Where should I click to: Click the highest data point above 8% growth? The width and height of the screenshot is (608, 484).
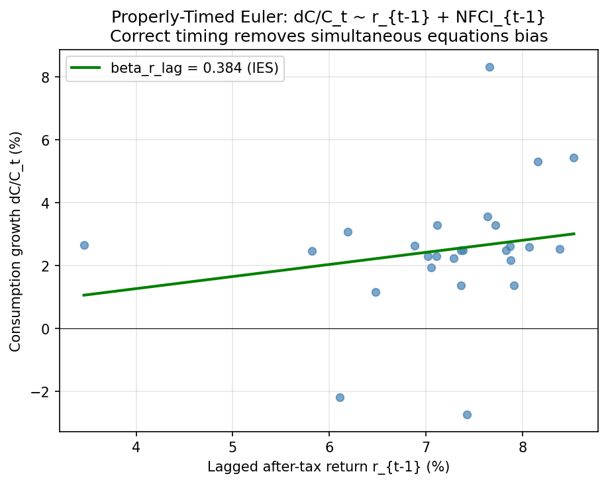pos(489,67)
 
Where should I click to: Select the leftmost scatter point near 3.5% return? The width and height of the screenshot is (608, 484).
pos(84,245)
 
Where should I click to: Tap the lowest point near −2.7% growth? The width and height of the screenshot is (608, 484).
pos(467,414)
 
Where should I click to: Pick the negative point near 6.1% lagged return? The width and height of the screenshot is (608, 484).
pos(340,397)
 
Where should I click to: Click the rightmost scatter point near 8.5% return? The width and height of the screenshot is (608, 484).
pos(574,158)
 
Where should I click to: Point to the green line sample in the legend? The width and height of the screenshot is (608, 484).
pos(86,67)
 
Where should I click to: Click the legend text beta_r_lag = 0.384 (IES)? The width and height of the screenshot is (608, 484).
pos(194,67)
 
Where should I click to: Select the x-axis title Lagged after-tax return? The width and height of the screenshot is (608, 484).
pos(329,467)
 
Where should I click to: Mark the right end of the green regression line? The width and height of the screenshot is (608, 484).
pos(574,234)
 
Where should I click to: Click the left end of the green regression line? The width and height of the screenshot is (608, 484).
pos(83,295)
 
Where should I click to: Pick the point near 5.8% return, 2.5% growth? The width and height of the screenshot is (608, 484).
pos(312,251)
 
